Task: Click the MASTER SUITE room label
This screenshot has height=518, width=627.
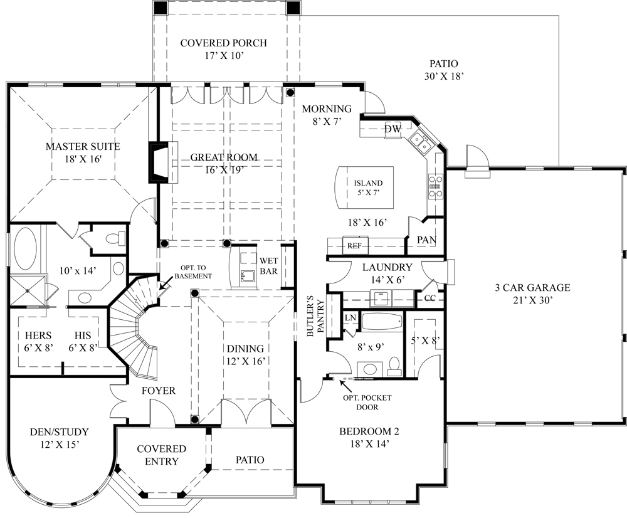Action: coord(82,146)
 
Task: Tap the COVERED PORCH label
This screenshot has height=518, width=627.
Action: coord(223,43)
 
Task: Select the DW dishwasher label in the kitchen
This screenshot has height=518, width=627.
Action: coord(393,129)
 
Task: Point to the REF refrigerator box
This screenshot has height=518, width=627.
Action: coord(355,246)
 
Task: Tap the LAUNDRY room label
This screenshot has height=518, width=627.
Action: coord(387,267)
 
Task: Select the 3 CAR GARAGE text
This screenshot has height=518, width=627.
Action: coord(532,288)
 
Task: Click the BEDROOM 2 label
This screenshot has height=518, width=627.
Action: coord(369,431)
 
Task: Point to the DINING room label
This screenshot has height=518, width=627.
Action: coord(245,349)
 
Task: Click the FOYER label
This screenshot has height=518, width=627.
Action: coord(157,391)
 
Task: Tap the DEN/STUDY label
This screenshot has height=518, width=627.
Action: coord(59,432)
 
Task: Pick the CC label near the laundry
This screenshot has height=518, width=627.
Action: coord(430,298)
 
